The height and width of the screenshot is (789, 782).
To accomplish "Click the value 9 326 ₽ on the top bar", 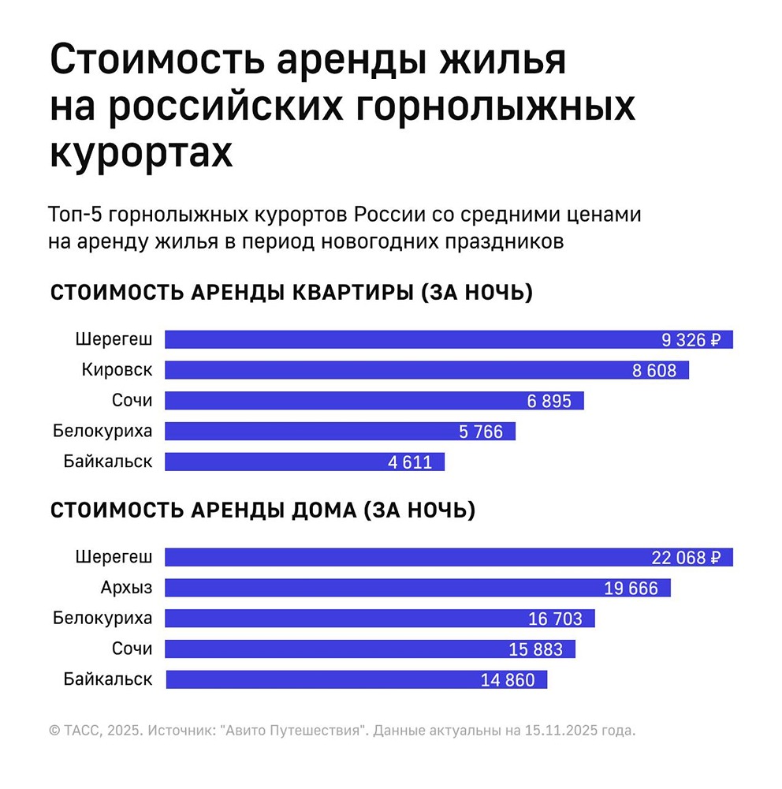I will [691, 340].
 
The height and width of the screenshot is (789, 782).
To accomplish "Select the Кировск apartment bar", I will [426, 370].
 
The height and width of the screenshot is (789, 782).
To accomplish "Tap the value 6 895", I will [549, 401].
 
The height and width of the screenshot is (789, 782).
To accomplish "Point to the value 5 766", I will [480, 432].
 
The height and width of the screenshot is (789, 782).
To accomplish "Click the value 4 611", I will [410, 462].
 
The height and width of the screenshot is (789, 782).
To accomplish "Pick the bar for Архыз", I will [417, 588].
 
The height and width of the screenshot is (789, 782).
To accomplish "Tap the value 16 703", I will [555, 619].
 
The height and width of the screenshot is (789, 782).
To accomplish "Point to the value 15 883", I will [536, 649].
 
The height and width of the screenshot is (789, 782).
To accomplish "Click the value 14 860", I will [508, 680].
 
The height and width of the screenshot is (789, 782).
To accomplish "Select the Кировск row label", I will [117, 369].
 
